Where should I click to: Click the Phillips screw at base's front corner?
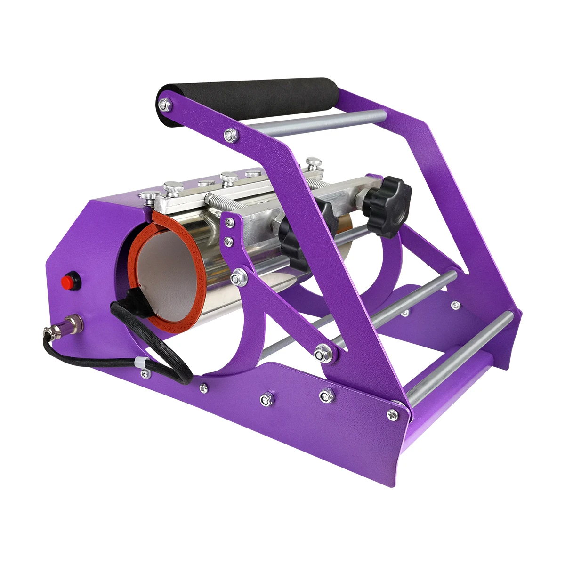coord(392,414)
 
